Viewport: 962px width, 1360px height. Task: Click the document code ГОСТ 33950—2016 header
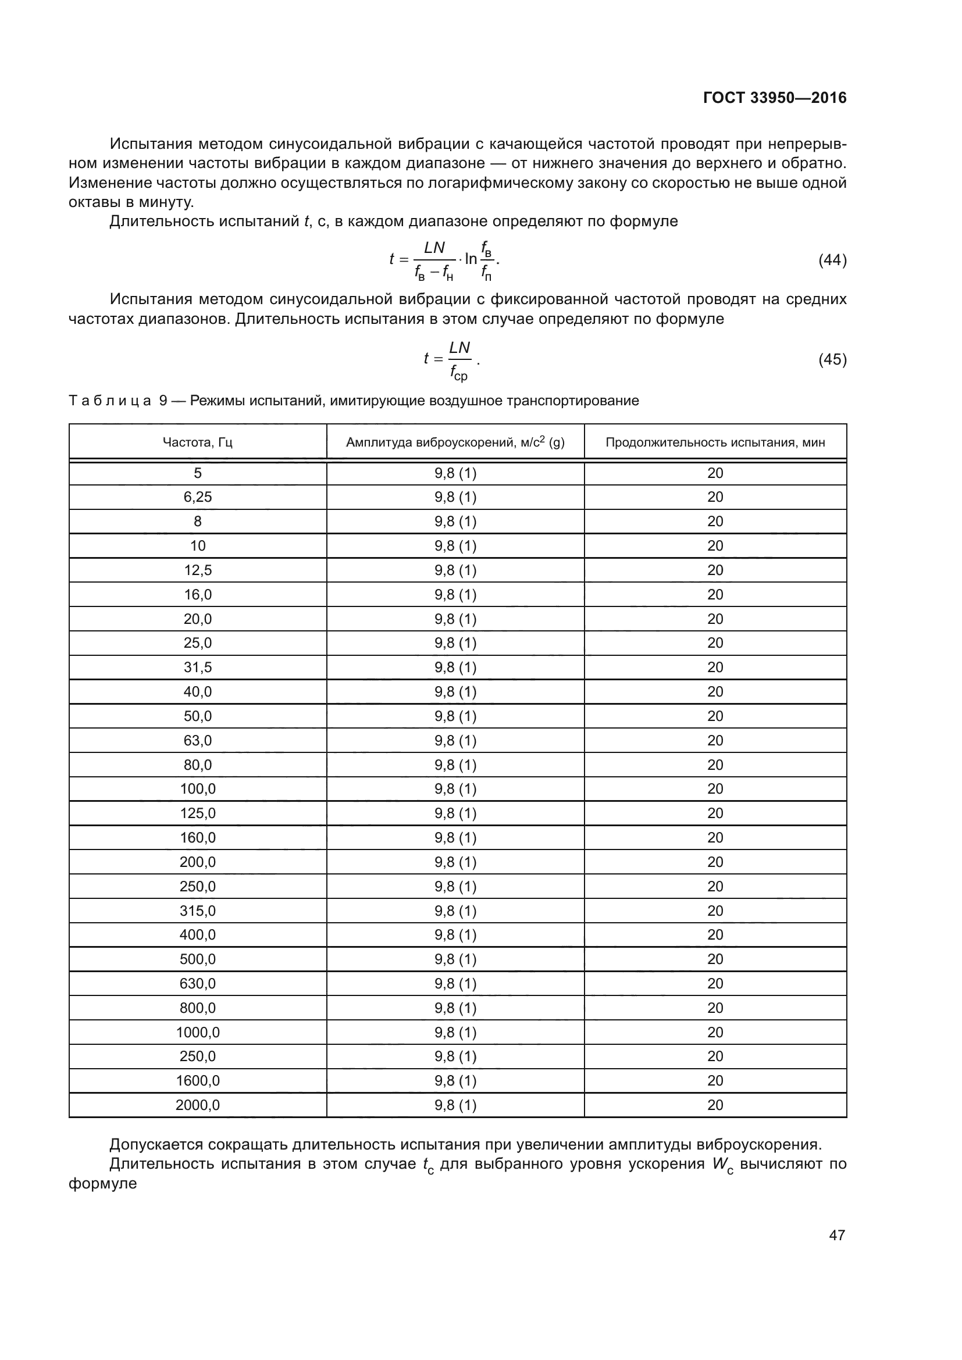pos(774,98)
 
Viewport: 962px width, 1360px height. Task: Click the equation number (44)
pos(832,259)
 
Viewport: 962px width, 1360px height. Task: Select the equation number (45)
pos(832,359)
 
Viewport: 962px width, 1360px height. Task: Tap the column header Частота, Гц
pos(197,442)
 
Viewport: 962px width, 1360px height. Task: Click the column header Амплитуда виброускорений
pos(455,442)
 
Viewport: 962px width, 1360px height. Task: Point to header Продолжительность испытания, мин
pos(715,442)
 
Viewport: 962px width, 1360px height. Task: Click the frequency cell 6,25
pos(197,497)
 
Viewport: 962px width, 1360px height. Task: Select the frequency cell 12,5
pos(197,570)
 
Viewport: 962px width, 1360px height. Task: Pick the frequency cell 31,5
pos(197,667)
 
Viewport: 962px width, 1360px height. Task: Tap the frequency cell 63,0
pos(197,740)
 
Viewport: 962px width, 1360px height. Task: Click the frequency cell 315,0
pos(197,911)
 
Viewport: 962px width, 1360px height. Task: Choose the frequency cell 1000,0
pos(197,1033)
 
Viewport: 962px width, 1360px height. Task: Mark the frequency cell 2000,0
pos(197,1105)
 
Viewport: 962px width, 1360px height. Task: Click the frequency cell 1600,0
pos(197,1081)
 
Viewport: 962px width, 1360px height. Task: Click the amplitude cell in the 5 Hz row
pos(455,473)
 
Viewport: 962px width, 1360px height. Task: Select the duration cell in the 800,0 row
pos(715,1008)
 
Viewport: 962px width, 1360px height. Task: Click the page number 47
pos(836,1235)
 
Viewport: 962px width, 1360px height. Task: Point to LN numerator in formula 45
pos(459,347)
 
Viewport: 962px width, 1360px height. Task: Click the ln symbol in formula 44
pos(471,259)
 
